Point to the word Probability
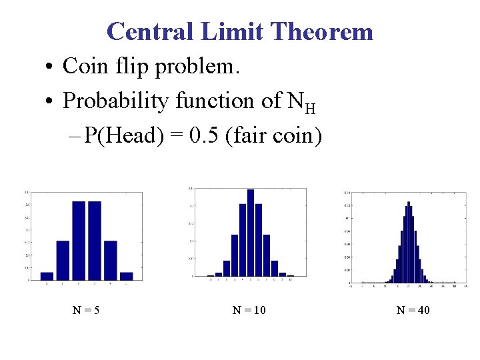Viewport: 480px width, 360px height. pos(115,101)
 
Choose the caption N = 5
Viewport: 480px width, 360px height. pos(86,309)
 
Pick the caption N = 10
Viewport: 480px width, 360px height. pos(249,309)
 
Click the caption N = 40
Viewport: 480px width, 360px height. pos(413,309)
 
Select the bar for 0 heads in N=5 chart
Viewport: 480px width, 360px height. pos(47,275)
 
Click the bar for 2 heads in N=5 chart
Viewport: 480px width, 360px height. pos(79,240)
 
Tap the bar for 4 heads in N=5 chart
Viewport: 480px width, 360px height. pos(111,260)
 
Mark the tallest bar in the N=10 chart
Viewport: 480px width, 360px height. pos(251,233)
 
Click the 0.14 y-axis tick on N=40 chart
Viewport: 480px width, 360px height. pos(347,193)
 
